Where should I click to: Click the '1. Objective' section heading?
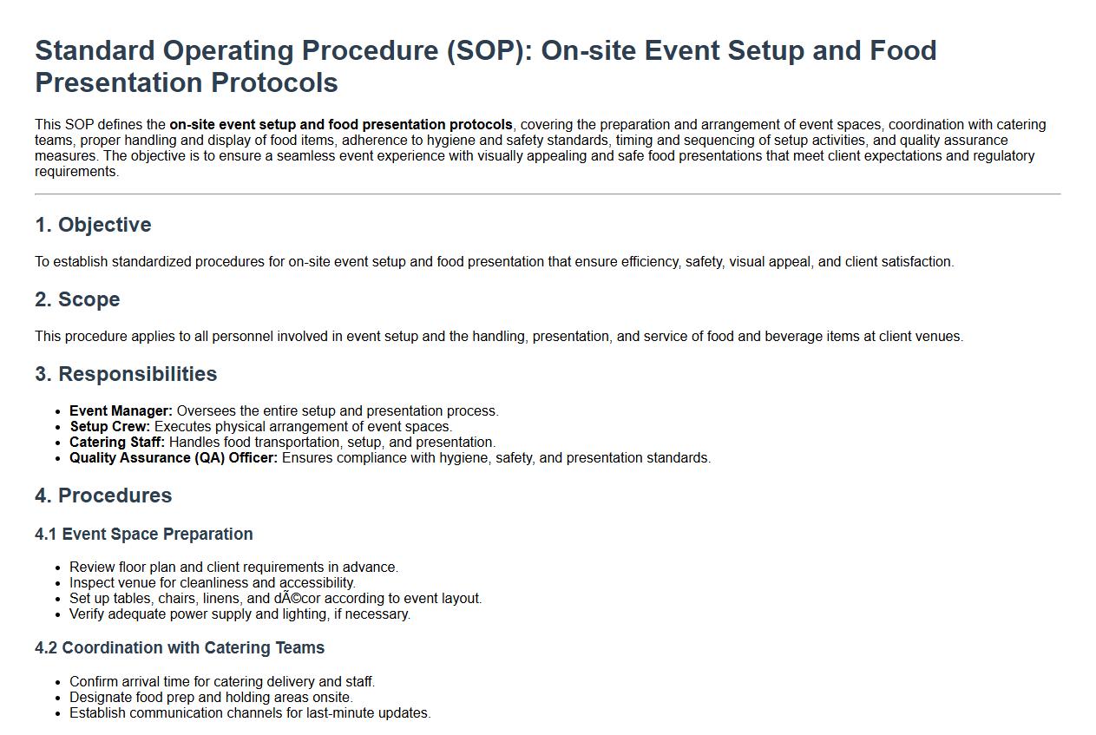pos(93,225)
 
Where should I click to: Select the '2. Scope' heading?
pos(77,299)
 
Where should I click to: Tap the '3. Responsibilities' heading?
pos(126,374)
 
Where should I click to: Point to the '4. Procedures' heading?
pos(103,495)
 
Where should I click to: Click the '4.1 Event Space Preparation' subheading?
pos(144,534)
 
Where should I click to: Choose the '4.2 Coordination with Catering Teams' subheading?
pos(180,647)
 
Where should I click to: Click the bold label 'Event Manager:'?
pos(121,411)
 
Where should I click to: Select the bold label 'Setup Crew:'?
pos(109,427)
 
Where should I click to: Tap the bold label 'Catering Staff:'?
pos(117,443)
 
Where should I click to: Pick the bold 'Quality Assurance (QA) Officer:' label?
pos(174,458)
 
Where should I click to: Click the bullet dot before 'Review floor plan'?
pos(58,568)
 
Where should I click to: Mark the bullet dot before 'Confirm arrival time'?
pos(58,683)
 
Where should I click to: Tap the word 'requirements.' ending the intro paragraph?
pos(77,172)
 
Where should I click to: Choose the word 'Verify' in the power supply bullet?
pos(87,614)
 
